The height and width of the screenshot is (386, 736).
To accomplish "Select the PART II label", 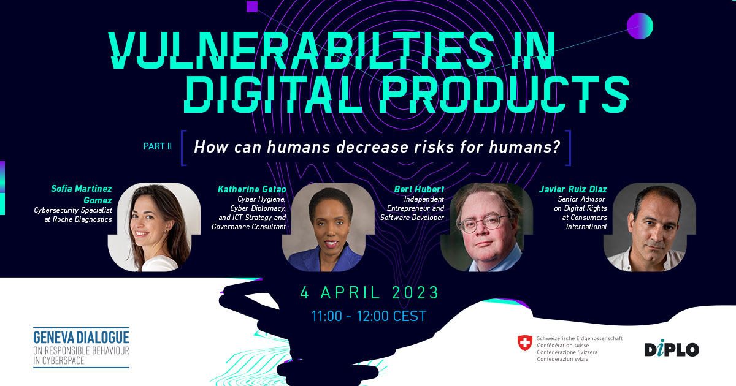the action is [158, 146].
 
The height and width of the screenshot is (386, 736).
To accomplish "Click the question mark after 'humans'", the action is [556, 146].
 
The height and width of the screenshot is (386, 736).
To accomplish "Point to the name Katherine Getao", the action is [251, 189].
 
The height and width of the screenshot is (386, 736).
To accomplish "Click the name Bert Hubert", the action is [419, 189].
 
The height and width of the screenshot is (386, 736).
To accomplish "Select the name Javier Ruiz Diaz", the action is [573, 189].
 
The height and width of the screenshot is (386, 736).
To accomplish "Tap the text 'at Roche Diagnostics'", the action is [79, 219].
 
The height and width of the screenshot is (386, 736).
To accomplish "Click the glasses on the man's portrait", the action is [484, 224].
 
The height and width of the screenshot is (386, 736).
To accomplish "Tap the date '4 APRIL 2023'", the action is [369, 292].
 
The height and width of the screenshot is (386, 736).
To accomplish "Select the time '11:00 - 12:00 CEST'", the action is [369, 316].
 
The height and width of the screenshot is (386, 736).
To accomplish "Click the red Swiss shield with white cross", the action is [525, 343].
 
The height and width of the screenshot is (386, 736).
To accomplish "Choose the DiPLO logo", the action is [672, 348].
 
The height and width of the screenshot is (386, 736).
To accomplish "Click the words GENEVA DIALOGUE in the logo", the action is [81, 338].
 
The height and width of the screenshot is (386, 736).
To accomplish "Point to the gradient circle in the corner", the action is [640, 26].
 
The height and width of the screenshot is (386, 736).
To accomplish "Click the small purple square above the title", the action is [252, 7].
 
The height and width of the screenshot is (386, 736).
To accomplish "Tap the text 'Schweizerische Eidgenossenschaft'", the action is [580, 338].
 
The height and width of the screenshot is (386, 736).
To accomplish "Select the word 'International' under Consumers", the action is [586, 227].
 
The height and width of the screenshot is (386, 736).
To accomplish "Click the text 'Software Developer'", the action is [412, 218].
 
